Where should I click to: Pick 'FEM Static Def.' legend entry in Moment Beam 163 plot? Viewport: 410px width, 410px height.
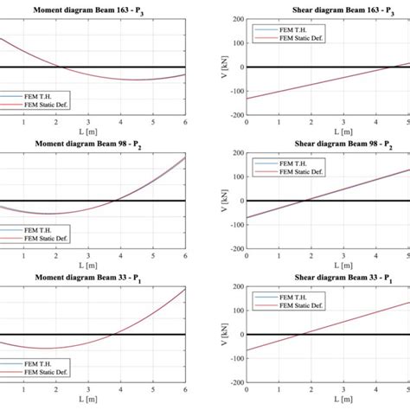43,105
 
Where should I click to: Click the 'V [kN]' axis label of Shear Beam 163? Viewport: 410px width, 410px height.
215,67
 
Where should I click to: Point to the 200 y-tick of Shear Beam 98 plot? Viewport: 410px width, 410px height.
236,153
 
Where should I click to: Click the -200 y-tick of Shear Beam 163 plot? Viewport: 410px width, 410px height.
234,115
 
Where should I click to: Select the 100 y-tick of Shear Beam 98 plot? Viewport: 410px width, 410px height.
236,177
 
